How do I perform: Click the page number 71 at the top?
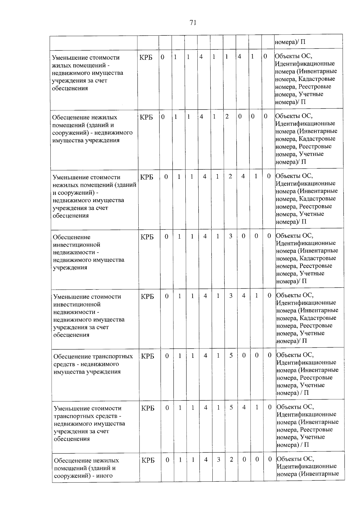[x=193, y=22]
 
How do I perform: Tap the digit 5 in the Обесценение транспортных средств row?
[x=231, y=355]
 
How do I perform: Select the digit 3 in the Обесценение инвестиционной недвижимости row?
[x=230, y=236]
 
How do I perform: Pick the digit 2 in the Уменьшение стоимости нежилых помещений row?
[x=230, y=176]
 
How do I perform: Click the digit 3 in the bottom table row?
[x=219, y=460]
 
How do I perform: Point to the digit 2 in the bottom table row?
[x=231, y=460]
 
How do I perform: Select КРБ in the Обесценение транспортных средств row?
[x=148, y=356]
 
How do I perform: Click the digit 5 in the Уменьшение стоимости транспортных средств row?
[x=231, y=407]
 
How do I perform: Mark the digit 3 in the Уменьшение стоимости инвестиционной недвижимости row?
[x=231, y=296]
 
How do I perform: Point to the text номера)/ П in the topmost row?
[x=290, y=42]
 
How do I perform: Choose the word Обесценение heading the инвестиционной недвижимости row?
[x=71, y=237]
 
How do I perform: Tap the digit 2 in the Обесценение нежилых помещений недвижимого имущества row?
[x=227, y=116]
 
